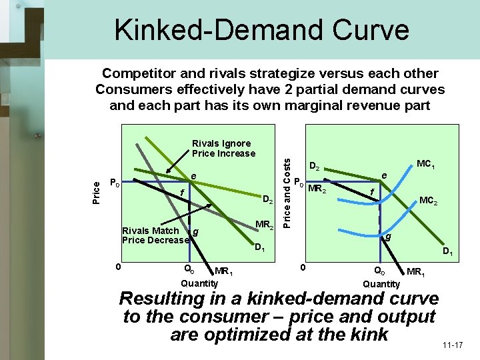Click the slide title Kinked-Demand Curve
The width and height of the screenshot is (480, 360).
click(261, 29)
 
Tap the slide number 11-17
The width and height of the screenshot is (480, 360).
click(452, 345)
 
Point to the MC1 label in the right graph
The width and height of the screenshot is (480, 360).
click(426, 164)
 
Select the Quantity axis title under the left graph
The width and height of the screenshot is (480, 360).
click(199, 283)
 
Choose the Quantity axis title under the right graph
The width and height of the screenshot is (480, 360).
click(381, 283)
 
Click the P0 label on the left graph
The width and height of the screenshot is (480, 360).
click(115, 183)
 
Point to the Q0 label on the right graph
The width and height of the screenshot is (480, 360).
click(379, 270)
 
